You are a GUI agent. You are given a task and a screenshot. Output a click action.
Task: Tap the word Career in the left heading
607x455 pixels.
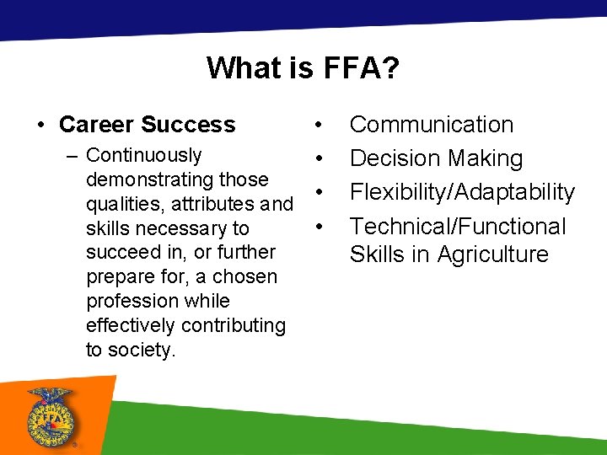pyautogui.click(x=95, y=125)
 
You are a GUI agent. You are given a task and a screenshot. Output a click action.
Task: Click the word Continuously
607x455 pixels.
pyautogui.click(x=143, y=155)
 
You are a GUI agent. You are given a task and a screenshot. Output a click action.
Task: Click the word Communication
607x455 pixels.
pyautogui.click(x=432, y=125)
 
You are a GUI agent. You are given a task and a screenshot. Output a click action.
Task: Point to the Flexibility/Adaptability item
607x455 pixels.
pyautogui.click(x=462, y=192)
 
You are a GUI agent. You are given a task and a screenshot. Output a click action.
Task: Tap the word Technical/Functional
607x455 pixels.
pyautogui.click(x=458, y=226)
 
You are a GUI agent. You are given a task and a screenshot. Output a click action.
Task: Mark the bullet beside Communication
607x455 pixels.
pyautogui.click(x=319, y=126)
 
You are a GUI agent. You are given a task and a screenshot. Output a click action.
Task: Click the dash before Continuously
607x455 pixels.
pyautogui.click(x=74, y=155)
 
